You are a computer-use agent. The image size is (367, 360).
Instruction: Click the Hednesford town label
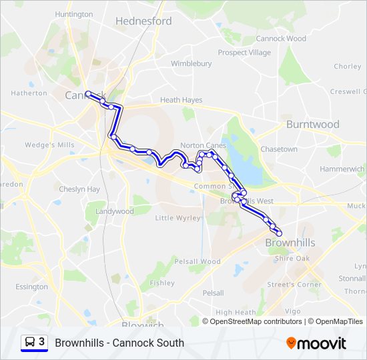click(x=143, y=21)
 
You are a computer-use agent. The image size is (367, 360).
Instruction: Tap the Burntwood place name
click(x=312, y=125)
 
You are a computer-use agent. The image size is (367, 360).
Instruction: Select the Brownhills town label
click(x=290, y=243)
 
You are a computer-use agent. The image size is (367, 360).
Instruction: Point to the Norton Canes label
click(x=203, y=145)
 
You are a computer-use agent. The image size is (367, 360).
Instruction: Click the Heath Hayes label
click(x=181, y=100)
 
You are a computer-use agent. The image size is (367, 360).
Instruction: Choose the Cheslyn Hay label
click(x=79, y=189)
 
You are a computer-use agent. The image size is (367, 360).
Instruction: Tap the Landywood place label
click(x=114, y=211)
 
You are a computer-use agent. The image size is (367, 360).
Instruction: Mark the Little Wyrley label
click(x=177, y=218)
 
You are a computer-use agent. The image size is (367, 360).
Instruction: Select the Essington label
click(x=31, y=287)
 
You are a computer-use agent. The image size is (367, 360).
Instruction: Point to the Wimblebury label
click(x=191, y=64)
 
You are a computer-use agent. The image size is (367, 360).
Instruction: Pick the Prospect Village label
click(x=244, y=53)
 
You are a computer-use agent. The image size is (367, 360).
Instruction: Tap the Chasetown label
click(x=279, y=149)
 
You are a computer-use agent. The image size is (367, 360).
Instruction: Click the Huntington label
click(x=73, y=14)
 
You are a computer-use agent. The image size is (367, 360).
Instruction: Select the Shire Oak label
click(x=292, y=259)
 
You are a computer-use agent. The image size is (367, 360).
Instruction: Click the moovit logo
click(x=316, y=343)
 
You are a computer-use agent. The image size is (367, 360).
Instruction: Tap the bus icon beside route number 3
click(x=30, y=342)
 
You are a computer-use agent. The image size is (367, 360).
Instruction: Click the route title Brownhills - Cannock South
click(x=119, y=343)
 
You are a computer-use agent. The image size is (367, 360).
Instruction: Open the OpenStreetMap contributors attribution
click(x=256, y=321)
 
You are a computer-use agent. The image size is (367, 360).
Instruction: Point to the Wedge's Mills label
click(x=49, y=145)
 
